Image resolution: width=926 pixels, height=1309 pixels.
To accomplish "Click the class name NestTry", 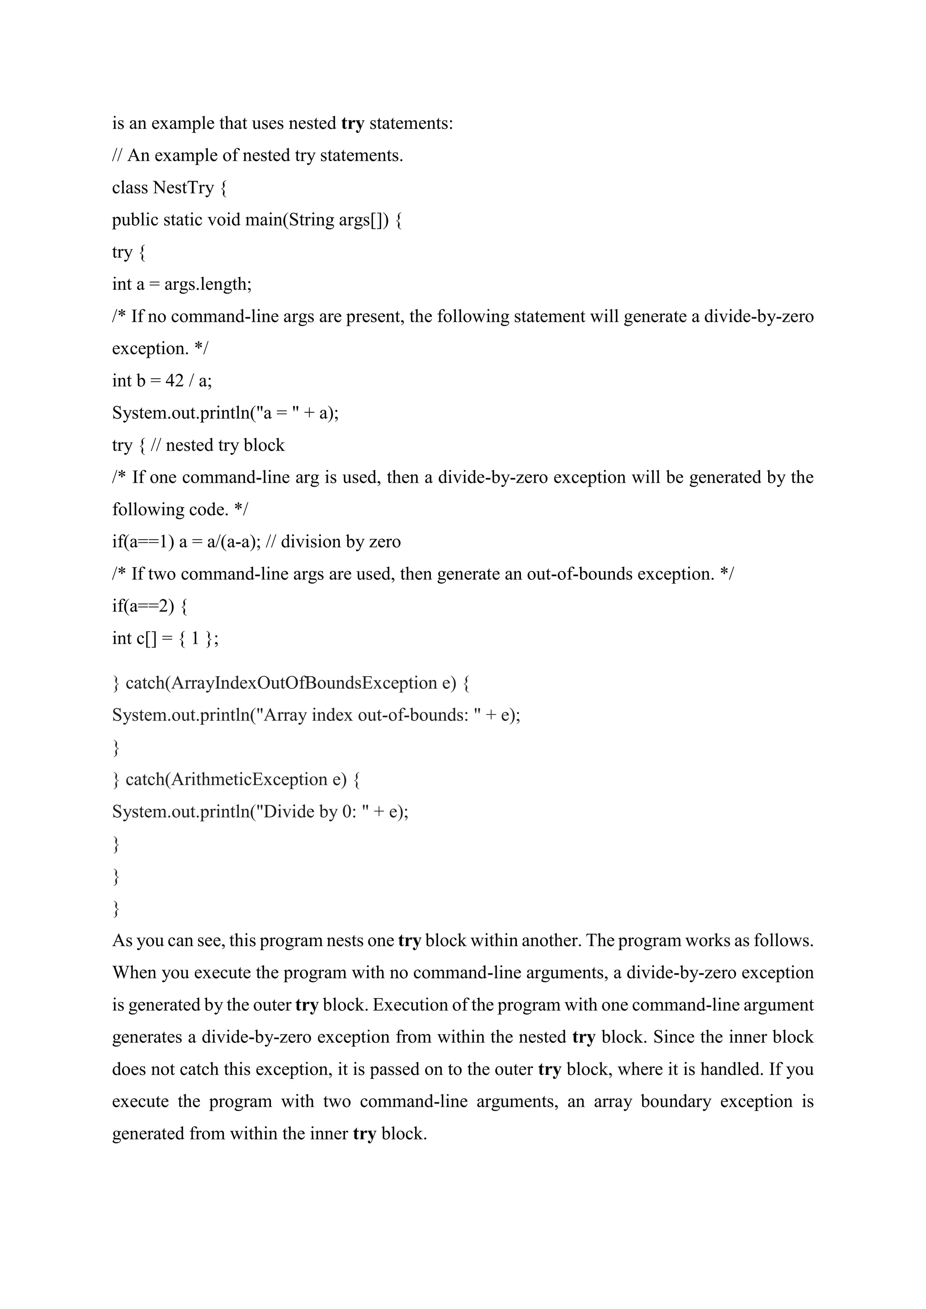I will [x=184, y=188].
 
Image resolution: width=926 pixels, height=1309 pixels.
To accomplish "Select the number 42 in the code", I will [x=174, y=380].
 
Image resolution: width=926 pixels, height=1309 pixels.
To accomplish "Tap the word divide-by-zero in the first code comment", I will [x=758, y=316].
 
